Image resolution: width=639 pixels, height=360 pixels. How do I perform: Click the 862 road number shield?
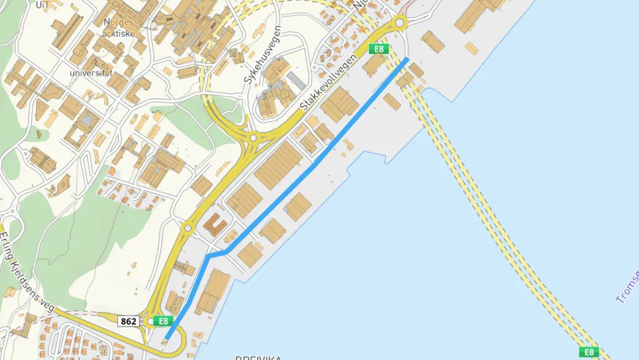pos(128,321)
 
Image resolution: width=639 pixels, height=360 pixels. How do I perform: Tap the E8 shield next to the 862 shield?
pos(163,321)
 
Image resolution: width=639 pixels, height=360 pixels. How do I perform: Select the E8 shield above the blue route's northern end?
pos(379,49)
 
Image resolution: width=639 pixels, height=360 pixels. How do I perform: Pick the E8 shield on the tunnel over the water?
pos(588,351)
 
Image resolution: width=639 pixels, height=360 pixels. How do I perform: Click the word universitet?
pos(90,72)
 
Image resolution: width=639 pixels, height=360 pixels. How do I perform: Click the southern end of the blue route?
pos(167,338)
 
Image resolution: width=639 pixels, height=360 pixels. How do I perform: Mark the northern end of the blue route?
pos(406,60)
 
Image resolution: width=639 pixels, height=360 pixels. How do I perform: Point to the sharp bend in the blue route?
pos(209,256)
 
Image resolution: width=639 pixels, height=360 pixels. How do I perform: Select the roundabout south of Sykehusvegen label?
pos(254,138)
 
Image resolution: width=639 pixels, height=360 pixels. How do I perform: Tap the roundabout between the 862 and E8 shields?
pos(150,321)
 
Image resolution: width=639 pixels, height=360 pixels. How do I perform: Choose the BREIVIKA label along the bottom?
pos(258,357)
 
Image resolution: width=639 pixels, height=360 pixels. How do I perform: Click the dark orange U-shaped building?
pos(215,225)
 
